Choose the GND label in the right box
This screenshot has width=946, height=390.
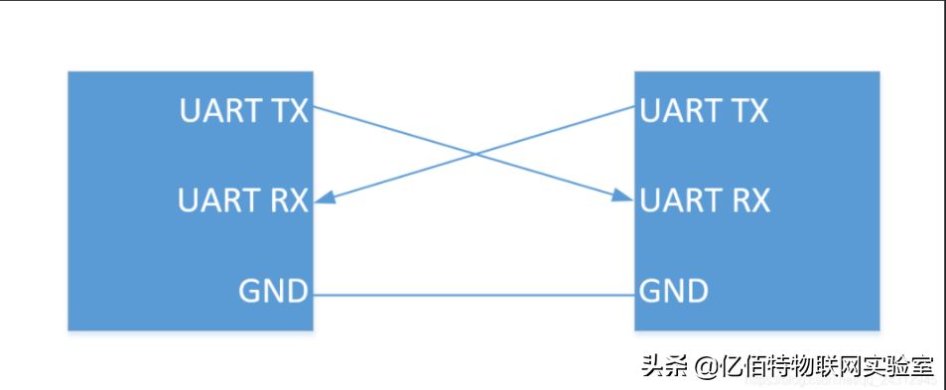point(674,292)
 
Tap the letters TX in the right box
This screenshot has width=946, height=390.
point(750,110)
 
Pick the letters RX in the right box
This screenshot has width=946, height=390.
point(751,200)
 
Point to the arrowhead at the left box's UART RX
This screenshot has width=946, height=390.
point(323,199)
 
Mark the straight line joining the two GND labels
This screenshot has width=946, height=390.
point(473,295)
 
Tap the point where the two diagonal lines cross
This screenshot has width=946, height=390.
point(475,154)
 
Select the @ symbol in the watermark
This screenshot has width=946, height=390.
point(707,367)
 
